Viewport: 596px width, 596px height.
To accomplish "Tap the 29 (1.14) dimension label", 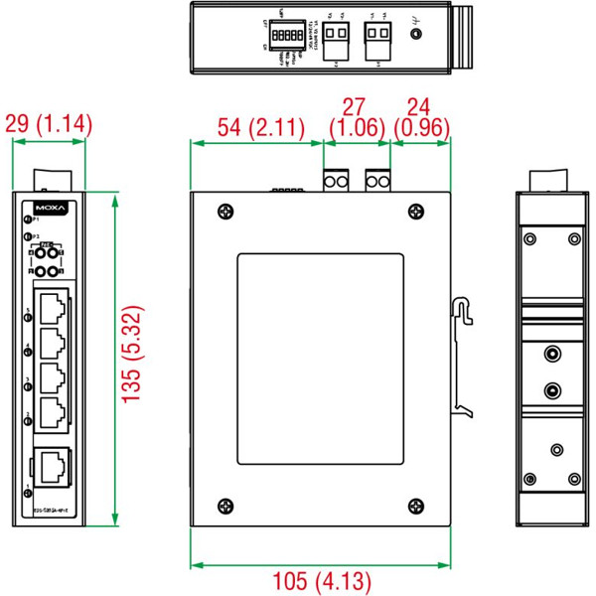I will pyautogui.click(x=49, y=124).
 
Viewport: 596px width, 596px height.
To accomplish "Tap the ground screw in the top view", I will pyautogui.click(x=416, y=34).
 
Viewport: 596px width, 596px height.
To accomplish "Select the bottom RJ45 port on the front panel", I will pyautogui.click(x=52, y=463).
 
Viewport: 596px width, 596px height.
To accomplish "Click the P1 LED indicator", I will pyautogui.click(x=28, y=218).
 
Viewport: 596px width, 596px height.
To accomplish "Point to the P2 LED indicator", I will pyautogui.click(x=28, y=236).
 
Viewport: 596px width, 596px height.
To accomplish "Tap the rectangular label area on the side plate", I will pyautogui.click(x=321, y=359).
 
